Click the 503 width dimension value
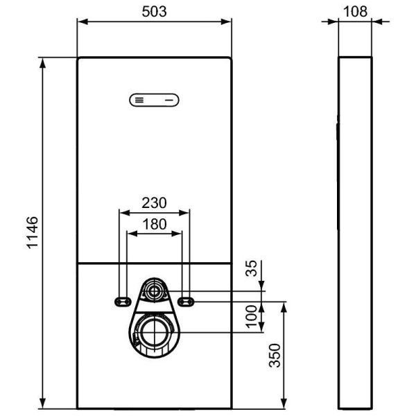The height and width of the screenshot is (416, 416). click(153, 10)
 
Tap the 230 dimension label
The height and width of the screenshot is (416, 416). click(154, 203)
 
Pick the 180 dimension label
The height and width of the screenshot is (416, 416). click(154, 225)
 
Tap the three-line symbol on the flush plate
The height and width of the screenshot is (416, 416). click(139, 100)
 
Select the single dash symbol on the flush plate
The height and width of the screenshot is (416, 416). click(169, 100)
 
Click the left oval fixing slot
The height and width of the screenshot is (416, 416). click(123, 300)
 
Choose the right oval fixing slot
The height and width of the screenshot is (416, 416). click(185, 300)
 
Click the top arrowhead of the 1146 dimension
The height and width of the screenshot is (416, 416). click(44, 62)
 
